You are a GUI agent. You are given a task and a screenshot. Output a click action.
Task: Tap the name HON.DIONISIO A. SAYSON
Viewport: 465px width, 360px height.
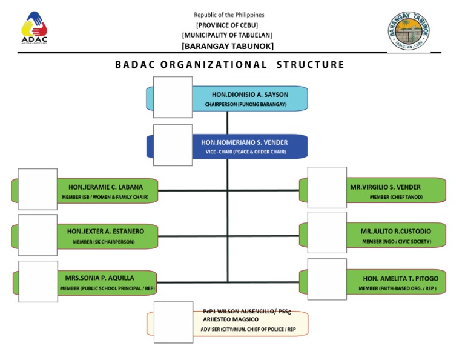click(250, 95)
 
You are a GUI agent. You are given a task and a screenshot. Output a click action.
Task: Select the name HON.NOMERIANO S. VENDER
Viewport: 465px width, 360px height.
click(245, 142)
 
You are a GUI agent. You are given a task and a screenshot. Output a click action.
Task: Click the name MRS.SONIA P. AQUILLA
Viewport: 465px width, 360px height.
click(100, 278)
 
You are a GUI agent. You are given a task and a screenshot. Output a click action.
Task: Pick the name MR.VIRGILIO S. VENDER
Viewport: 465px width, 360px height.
click(386, 187)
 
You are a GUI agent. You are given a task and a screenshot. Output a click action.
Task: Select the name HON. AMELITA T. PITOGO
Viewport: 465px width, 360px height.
click(401, 278)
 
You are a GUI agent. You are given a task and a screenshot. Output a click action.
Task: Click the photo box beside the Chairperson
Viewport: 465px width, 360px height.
click(173, 97)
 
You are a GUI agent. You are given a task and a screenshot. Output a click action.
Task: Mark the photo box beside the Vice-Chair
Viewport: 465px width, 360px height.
click(173, 145)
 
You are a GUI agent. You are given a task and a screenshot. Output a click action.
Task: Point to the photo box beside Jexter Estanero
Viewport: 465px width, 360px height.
click(38, 235)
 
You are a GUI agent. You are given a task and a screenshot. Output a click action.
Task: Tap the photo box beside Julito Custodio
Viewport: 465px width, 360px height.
click(327, 232)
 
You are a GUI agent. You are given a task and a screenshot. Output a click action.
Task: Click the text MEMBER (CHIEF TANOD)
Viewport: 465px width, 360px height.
click(397, 197)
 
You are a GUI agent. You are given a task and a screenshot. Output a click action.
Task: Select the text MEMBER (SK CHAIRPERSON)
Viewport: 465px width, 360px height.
click(104, 242)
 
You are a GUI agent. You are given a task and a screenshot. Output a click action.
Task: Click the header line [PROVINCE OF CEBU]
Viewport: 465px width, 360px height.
click(227, 25)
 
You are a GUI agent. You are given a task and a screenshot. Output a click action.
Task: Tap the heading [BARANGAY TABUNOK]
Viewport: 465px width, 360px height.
click(228, 46)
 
